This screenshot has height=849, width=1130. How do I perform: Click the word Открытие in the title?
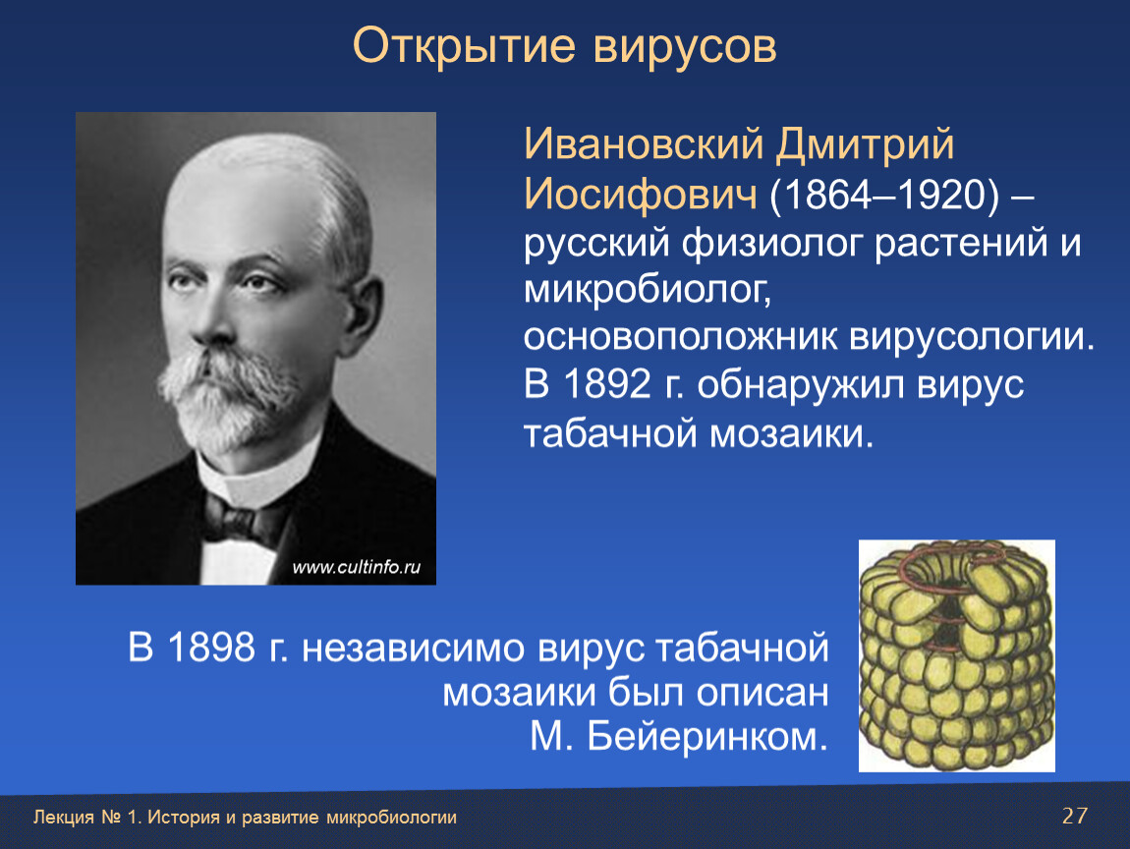coord(464,47)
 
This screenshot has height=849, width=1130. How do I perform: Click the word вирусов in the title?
coord(685,47)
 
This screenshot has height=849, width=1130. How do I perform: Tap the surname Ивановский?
coord(643,144)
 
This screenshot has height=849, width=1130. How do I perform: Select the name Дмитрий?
coord(865,145)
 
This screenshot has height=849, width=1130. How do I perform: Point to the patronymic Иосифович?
coord(640,195)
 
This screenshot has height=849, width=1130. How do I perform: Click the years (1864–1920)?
coord(885,196)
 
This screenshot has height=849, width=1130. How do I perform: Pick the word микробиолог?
coord(648,291)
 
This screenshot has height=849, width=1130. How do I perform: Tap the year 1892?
coord(607,383)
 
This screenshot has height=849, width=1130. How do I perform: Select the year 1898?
coord(212,647)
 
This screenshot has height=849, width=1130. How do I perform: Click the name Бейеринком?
coord(707,737)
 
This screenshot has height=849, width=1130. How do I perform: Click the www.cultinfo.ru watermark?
coord(356,567)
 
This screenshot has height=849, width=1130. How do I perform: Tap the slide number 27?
coord(1075,816)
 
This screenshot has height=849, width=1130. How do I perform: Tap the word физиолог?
coord(771,244)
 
